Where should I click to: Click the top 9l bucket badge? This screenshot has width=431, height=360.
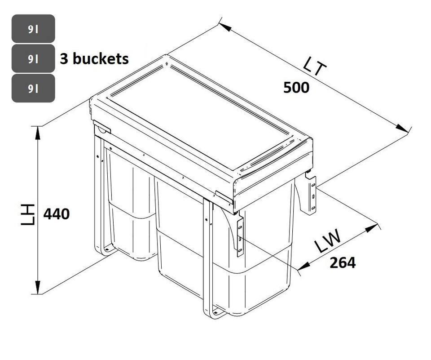pos(33,29)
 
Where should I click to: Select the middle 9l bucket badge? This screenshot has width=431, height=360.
pos(33,58)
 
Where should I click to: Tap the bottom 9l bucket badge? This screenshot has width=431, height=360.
pos(33,88)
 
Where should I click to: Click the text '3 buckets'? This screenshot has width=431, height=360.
pos(94,59)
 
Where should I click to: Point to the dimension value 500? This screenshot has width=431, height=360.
pos(296,88)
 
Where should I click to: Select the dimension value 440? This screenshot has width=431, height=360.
pos(57,214)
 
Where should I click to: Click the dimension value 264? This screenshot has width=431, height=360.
pos(343,262)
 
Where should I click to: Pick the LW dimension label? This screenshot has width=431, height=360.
pos(326,242)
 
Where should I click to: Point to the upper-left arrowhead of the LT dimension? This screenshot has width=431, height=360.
pos(225,27)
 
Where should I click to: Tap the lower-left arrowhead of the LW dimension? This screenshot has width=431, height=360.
pos(303,266)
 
